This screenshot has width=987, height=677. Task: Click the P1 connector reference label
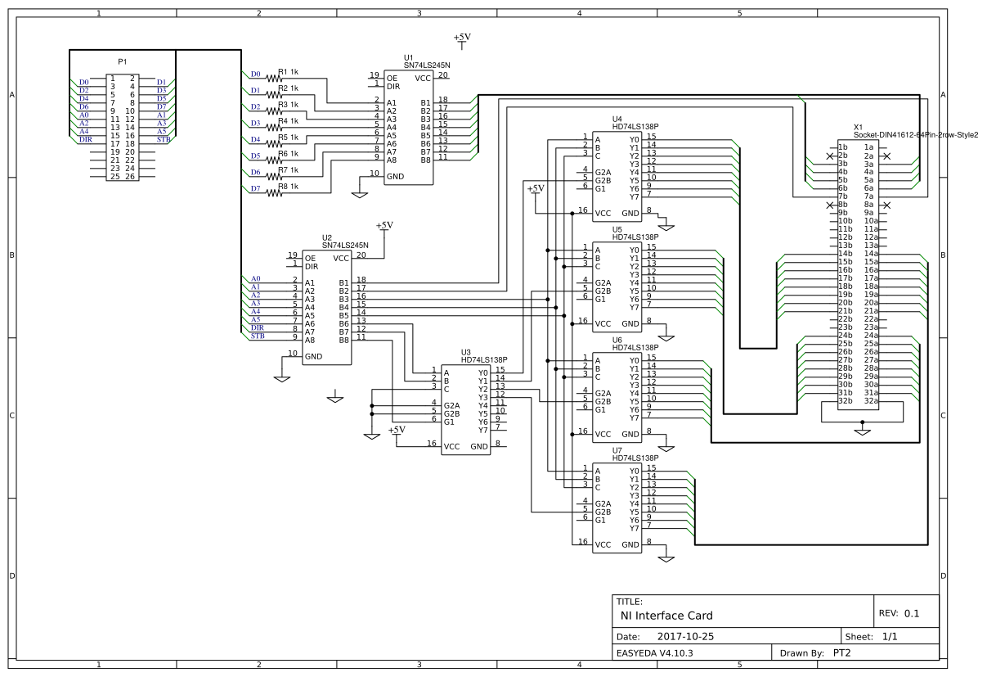pos(123,61)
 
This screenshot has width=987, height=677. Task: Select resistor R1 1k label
pos(288,72)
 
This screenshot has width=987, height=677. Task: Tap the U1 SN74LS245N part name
pos(427,65)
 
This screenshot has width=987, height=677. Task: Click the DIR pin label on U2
pos(312,266)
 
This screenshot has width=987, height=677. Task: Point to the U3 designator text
pos(466,352)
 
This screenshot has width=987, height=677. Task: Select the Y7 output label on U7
pos(634,528)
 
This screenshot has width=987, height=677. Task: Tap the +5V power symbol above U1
pos(462,38)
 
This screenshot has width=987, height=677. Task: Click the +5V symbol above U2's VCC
pos(384,225)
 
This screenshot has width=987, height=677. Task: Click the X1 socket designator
pos(858,127)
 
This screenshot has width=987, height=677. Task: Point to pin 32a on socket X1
pos(871,401)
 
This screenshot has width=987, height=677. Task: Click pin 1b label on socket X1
pos(843,147)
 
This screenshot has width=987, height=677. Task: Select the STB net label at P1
pos(162,140)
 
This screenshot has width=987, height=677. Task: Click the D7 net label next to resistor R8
pos(255,188)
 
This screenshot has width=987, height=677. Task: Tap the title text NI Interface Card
pos(666,616)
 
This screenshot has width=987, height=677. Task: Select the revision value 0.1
pos(912,613)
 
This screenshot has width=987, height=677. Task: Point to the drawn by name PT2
pos(843,653)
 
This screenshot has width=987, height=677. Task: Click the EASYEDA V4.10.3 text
pos(654,653)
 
